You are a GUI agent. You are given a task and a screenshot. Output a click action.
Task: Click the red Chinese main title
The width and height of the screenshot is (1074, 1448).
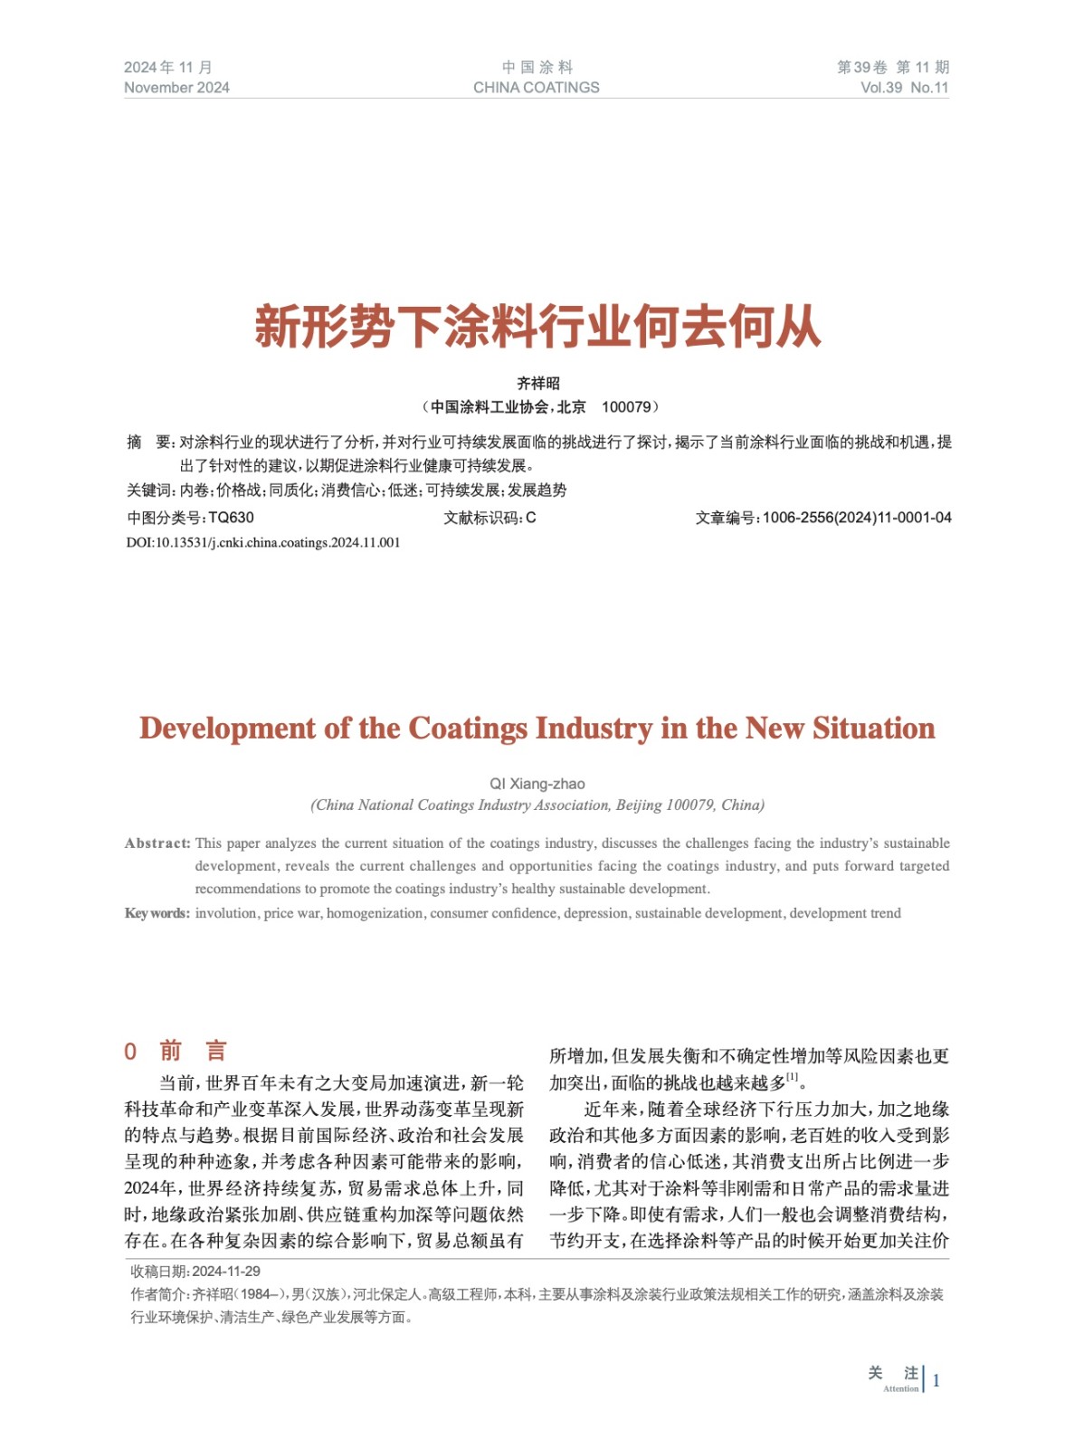[537, 327]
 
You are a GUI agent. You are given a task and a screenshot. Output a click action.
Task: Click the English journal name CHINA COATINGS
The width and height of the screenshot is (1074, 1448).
[536, 88]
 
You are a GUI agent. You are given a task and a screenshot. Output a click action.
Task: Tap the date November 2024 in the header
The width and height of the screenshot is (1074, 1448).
[176, 88]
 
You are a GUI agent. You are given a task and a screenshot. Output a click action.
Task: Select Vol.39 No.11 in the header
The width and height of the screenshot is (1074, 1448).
[904, 88]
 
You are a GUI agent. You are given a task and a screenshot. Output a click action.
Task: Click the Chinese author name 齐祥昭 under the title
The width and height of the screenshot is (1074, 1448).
[537, 384]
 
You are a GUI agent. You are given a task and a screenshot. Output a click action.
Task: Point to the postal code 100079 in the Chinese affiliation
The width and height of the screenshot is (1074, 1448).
[626, 407]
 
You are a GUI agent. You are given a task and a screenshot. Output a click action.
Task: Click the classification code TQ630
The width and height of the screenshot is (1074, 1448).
[231, 518]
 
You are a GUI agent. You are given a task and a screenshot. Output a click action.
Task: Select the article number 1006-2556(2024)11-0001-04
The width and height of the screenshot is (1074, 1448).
[856, 518]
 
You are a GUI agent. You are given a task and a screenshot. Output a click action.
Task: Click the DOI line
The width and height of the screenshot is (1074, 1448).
[262, 543]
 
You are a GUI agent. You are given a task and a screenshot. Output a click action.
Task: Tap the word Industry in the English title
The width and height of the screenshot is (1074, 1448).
[594, 729]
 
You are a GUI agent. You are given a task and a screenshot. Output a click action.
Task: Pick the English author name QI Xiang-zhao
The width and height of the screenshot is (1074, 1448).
[537, 784]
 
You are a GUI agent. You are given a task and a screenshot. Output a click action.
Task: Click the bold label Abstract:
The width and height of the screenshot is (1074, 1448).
[157, 843]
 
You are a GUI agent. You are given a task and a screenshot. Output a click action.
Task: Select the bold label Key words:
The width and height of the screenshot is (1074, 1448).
[157, 913]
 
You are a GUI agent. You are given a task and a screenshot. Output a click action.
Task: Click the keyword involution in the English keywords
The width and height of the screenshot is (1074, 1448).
[225, 913]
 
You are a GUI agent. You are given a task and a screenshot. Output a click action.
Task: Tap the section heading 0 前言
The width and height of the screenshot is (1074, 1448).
[176, 1051]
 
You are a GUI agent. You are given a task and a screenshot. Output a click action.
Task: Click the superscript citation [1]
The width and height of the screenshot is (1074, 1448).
[793, 1077]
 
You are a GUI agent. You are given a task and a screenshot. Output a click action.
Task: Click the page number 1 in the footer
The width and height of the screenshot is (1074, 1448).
[936, 1381]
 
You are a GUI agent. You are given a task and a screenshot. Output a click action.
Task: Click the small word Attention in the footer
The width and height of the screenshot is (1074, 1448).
[900, 1389]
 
